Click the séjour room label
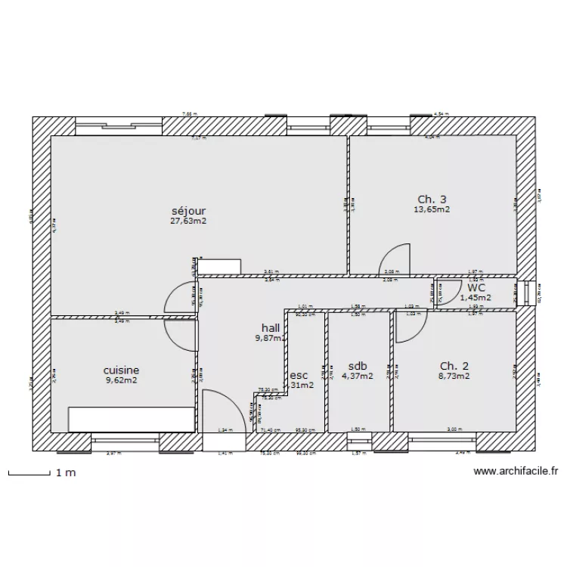click(189, 211)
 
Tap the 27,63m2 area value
click(189, 222)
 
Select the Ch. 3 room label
click(432, 200)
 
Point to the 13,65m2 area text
click(432, 210)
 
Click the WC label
click(476, 287)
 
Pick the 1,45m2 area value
click(476, 297)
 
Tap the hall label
click(271, 327)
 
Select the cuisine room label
click(121, 370)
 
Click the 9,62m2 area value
click(121, 381)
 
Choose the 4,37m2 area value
click(357, 376)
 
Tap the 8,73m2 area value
click(454, 376)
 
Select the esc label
click(299, 375)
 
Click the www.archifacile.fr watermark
click(516, 472)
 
